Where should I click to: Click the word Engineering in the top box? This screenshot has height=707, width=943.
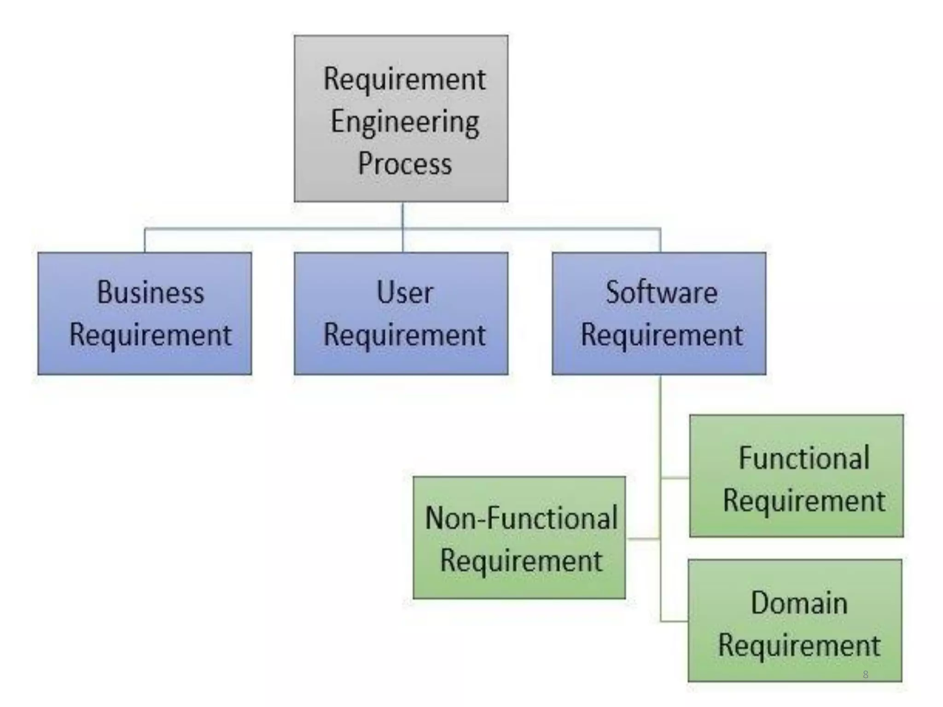(405, 122)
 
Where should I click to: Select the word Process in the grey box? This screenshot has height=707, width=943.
(405, 164)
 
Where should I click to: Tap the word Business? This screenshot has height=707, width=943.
(151, 292)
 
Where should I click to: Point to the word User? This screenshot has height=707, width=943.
(405, 292)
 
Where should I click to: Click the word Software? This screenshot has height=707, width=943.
(661, 292)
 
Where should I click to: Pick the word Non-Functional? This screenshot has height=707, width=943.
(521, 518)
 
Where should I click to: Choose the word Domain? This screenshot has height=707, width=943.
(799, 603)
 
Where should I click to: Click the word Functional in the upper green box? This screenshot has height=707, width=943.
(804, 458)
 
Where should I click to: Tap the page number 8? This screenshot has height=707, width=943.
(865, 674)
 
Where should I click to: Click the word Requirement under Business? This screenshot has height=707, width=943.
(150, 335)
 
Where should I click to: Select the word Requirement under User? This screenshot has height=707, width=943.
(404, 335)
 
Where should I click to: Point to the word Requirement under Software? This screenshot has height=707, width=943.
(662, 335)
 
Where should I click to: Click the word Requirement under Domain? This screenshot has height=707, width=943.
(799, 645)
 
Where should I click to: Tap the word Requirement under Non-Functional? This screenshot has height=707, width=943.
(521, 561)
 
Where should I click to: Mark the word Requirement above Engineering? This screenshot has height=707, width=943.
(404, 79)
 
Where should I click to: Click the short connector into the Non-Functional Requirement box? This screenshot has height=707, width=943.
(643, 539)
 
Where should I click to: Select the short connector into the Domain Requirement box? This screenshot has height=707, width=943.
(674, 621)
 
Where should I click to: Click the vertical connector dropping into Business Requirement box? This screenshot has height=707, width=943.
(145, 240)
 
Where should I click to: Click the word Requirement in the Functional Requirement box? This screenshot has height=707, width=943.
(804, 501)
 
